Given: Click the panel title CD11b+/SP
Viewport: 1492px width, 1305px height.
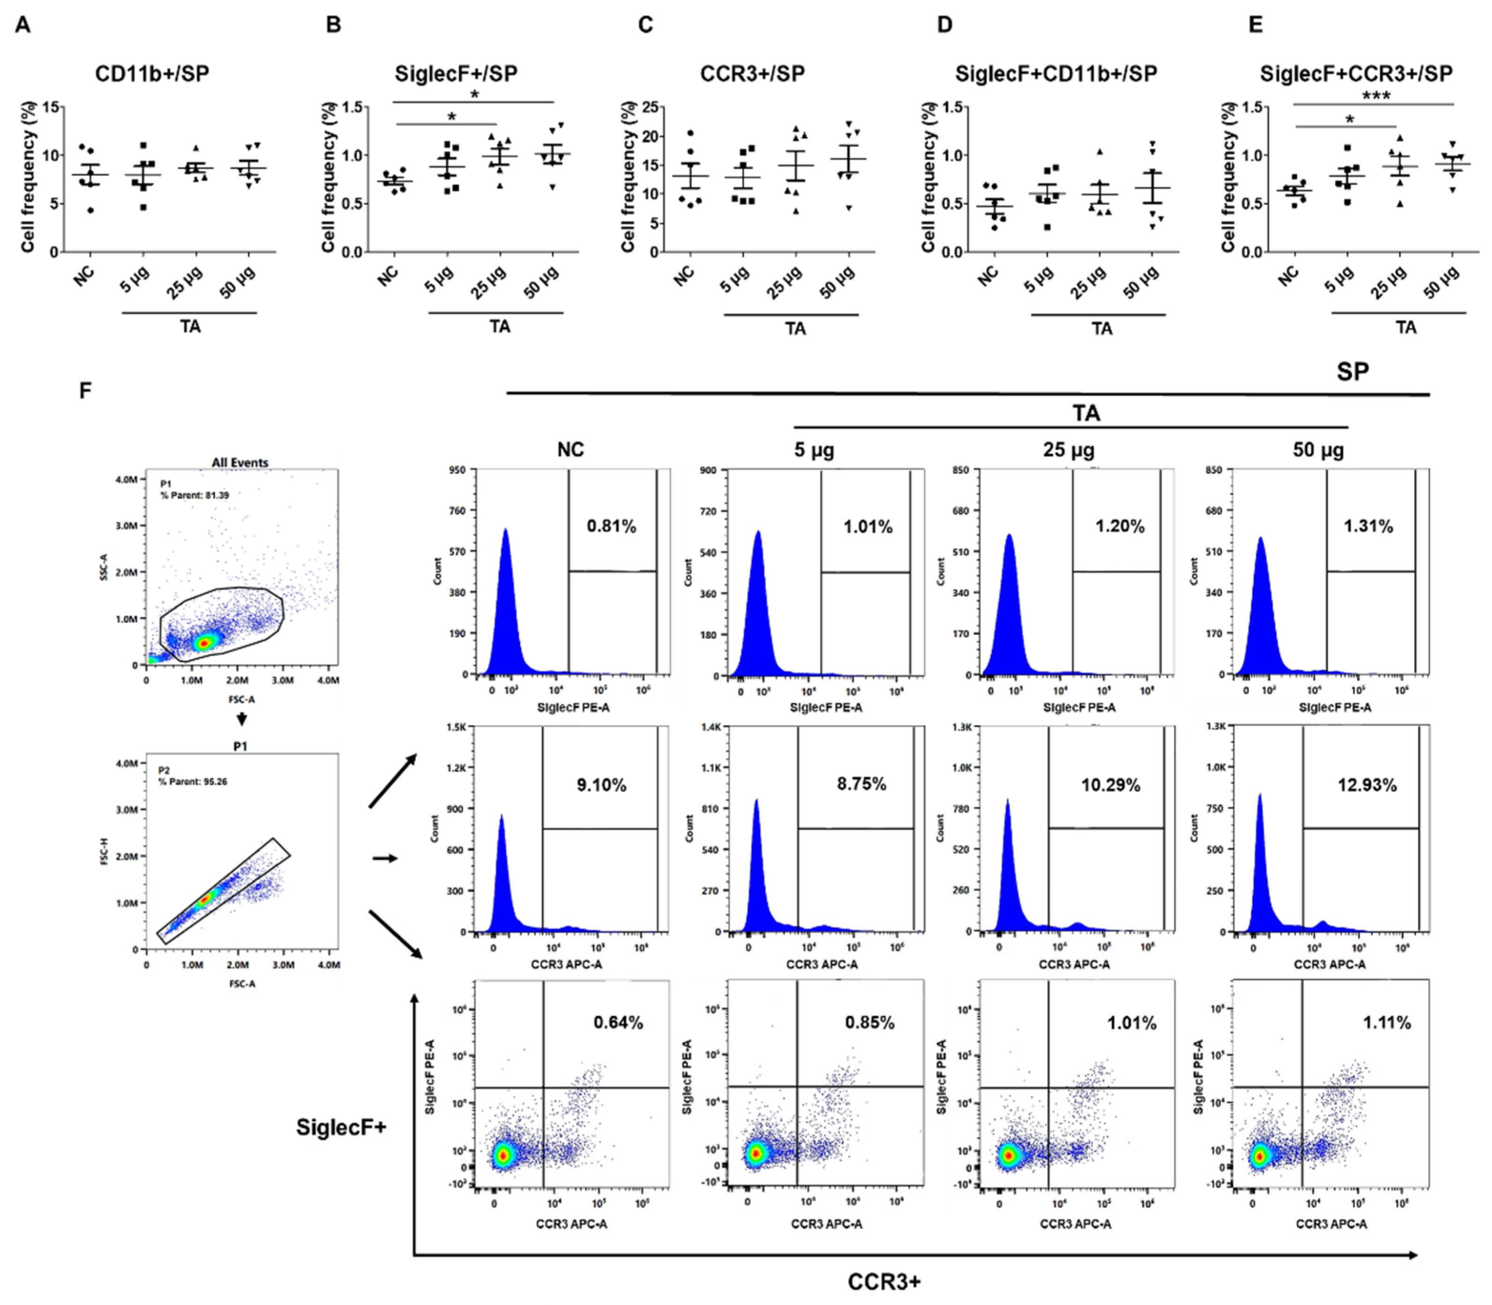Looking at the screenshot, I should (x=151, y=74).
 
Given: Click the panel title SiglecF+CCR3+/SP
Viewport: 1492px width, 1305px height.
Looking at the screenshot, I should (x=1356, y=74).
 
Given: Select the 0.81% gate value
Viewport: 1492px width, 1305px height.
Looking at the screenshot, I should (x=611, y=526).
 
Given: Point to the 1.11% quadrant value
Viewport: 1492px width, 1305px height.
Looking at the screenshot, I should (x=1386, y=1023).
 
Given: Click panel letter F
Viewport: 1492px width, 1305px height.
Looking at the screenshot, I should (x=85, y=391).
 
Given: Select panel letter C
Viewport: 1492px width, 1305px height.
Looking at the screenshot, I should (x=645, y=25).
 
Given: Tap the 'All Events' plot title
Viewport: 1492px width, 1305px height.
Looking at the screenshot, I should (x=240, y=463).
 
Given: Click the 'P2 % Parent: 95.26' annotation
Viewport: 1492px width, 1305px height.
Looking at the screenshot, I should (x=192, y=775).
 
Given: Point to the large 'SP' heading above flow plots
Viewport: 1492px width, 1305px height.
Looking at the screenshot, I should (x=1352, y=372).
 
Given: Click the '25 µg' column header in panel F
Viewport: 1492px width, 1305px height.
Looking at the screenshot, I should (x=1068, y=449).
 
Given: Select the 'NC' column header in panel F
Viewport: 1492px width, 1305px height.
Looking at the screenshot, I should (x=570, y=449).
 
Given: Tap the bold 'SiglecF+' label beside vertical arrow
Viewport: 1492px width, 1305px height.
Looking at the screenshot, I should (x=341, y=1127).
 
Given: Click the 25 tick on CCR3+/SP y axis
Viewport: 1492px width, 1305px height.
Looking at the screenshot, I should (x=650, y=108).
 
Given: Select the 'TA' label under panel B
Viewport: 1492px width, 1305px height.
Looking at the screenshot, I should (x=500, y=326).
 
